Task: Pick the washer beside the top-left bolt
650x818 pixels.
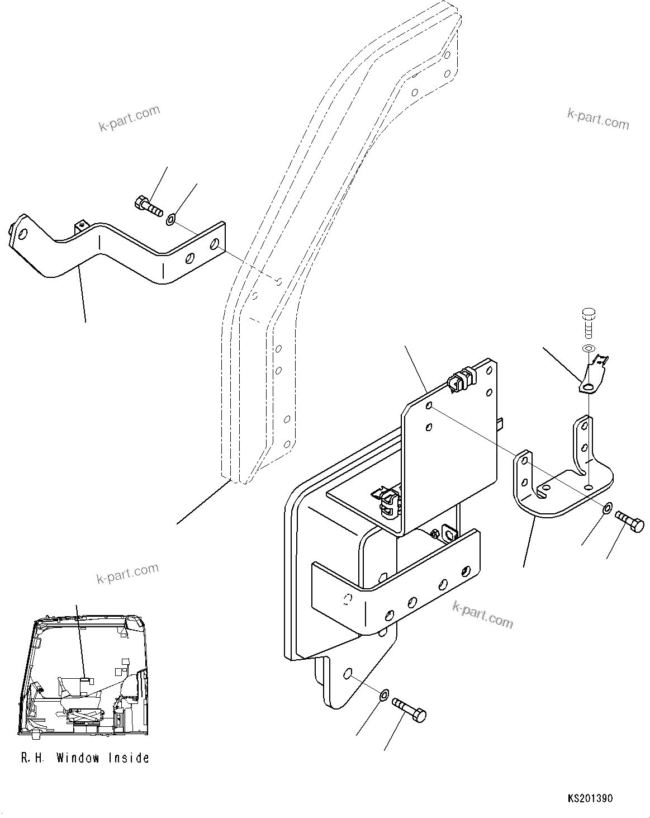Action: [x=170, y=220]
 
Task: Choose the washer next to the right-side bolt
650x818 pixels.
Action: [x=608, y=509]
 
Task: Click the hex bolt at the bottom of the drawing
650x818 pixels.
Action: [x=410, y=709]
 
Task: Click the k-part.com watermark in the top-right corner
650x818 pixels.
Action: [x=597, y=119]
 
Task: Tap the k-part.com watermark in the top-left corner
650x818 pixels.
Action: [x=129, y=119]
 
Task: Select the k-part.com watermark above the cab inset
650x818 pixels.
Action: [x=127, y=573]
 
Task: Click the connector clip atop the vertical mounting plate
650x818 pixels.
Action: [x=459, y=380]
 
